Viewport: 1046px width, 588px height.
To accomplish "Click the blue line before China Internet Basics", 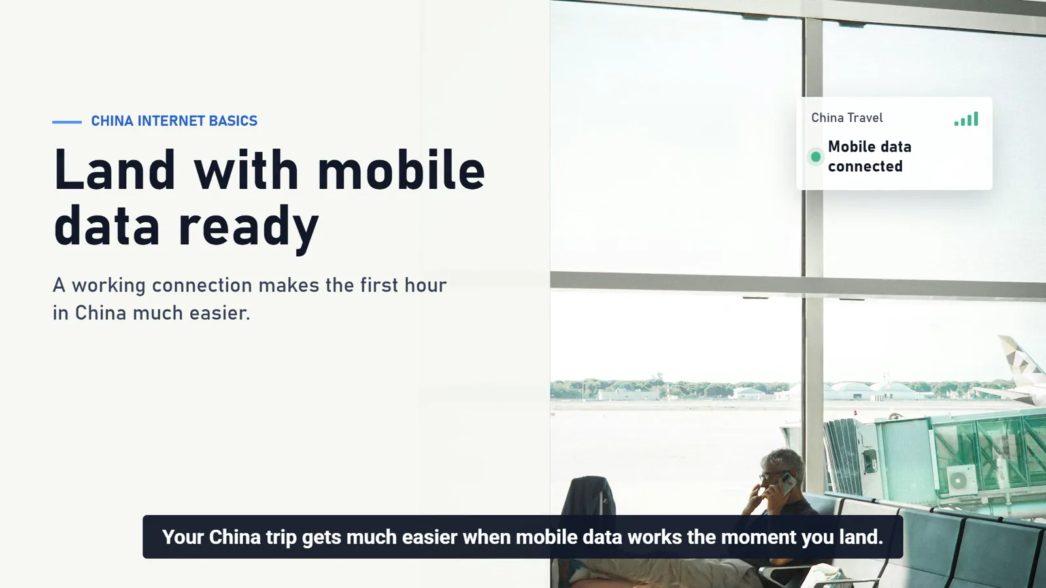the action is [x=67, y=122].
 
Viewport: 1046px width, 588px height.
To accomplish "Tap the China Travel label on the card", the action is [x=847, y=118].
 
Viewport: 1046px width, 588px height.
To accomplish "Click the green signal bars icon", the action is [x=966, y=119].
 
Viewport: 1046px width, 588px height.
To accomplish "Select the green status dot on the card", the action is [x=816, y=157].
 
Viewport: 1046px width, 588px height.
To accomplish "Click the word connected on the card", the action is [x=866, y=166].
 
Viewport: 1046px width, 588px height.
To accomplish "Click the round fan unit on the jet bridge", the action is [x=958, y=480].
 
